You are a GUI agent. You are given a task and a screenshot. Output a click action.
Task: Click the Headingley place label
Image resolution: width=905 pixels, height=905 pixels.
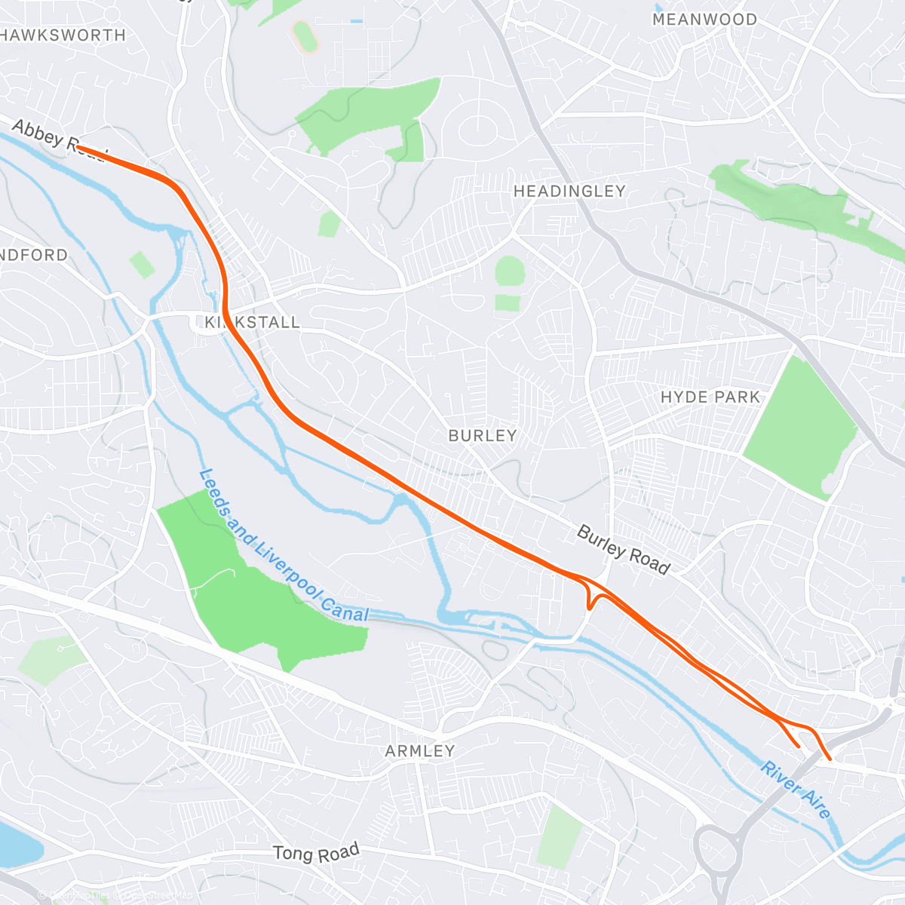click(569, 192)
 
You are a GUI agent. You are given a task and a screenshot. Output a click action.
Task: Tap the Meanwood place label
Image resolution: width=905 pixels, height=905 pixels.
click(704, 20)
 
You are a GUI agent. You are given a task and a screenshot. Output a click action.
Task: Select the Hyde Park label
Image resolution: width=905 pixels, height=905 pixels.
click(710, 397)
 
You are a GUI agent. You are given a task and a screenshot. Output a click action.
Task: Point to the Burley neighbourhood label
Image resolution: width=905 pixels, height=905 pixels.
click(483, 436)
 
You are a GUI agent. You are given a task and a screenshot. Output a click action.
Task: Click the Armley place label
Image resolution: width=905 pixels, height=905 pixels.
click(420, 751)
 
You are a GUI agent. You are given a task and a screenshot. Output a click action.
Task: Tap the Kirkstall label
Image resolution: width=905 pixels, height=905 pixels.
click(253, 322)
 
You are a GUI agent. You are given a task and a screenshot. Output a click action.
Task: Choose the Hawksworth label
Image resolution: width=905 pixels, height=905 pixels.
click(63, 35)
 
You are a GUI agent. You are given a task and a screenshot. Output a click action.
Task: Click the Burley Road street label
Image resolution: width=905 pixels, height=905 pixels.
click(623, 550)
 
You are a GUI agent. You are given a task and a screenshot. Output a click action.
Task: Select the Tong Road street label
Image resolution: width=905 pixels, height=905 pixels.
click(316, 853)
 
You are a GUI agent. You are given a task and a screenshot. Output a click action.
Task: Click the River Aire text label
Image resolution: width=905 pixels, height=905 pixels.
click(796, 790)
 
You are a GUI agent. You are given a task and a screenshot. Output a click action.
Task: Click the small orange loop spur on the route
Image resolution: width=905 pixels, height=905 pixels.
click(593, 600)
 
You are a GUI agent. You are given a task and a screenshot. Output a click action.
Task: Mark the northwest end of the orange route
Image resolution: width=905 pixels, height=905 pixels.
click(78, 148)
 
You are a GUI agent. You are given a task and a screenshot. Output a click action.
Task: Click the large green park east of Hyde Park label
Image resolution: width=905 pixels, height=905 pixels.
click(801, 428)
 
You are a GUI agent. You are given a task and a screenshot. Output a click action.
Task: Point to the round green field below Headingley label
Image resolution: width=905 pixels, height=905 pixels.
click(510, 271)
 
